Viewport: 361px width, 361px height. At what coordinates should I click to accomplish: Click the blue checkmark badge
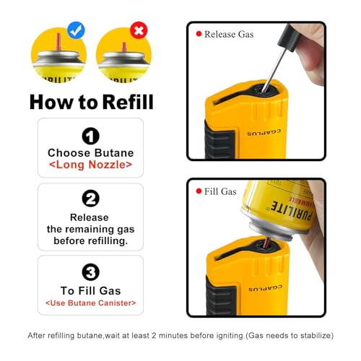click(76, 30)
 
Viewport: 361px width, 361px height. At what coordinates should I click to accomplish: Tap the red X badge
click(139, 30)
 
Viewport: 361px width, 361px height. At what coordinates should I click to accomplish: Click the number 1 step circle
click(90, 136)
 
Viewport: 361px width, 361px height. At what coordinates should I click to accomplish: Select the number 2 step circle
click(90, 199)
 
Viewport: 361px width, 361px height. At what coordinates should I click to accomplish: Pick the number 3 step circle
click(90, 272)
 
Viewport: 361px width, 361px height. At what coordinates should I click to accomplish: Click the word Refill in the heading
click(128, 102)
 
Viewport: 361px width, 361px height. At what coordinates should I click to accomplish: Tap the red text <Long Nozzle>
click(90, 165)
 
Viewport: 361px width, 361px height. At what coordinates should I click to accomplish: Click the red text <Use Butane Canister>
click(91, 303)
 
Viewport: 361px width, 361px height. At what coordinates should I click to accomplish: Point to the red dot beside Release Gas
click(199, 34)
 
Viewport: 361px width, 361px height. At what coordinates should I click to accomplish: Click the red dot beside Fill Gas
click(199, 191)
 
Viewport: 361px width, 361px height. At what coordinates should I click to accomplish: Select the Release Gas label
click(229, 34)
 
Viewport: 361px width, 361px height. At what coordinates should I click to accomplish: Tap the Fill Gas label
click(220, 191)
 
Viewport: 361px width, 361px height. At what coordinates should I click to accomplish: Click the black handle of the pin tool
click(290, 38)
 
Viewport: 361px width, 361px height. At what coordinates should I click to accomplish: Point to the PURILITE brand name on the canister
click(292, 211)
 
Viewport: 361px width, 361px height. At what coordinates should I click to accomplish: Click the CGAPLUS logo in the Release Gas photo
click(264, 132)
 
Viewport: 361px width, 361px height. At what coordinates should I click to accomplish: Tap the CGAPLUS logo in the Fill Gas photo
click(265, 288)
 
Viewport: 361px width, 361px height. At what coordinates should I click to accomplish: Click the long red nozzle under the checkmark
click(58, 43)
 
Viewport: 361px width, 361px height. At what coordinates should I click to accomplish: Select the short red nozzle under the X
click(124, 47)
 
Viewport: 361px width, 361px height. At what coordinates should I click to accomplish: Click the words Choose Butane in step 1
click(90, 153)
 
